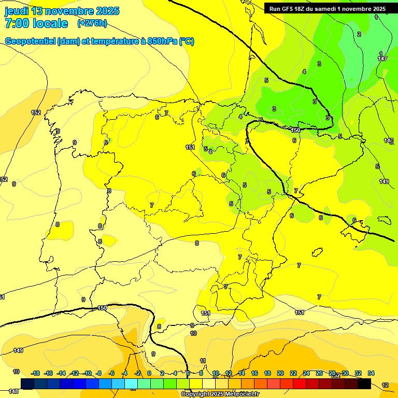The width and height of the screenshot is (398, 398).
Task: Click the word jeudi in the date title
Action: (x=17, y=11)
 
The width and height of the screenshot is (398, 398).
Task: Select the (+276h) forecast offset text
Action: (x=92, y=23)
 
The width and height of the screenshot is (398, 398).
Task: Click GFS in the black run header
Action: (x=289, y=9)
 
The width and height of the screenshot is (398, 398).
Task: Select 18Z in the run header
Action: (x=302, y=9)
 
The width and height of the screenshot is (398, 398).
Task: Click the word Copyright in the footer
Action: (x=195, y=394)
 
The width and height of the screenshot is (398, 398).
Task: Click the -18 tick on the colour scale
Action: (x=36, y=373)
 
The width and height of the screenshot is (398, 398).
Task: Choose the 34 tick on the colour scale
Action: (x=371, y=373)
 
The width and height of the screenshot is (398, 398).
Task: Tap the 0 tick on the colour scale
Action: (x=149, y=373)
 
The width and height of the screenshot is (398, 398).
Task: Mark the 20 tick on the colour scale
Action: (x=280, y=373)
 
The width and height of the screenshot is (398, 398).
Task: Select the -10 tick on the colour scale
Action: (x=88, y=373)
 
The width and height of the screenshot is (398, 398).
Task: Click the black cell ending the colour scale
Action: (x=364, y=383)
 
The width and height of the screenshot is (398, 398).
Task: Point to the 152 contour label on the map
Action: (x=36, y=112)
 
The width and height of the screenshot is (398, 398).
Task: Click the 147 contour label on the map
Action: (x=382, y=59)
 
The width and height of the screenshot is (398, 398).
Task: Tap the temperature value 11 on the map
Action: (x=203, y=361)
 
